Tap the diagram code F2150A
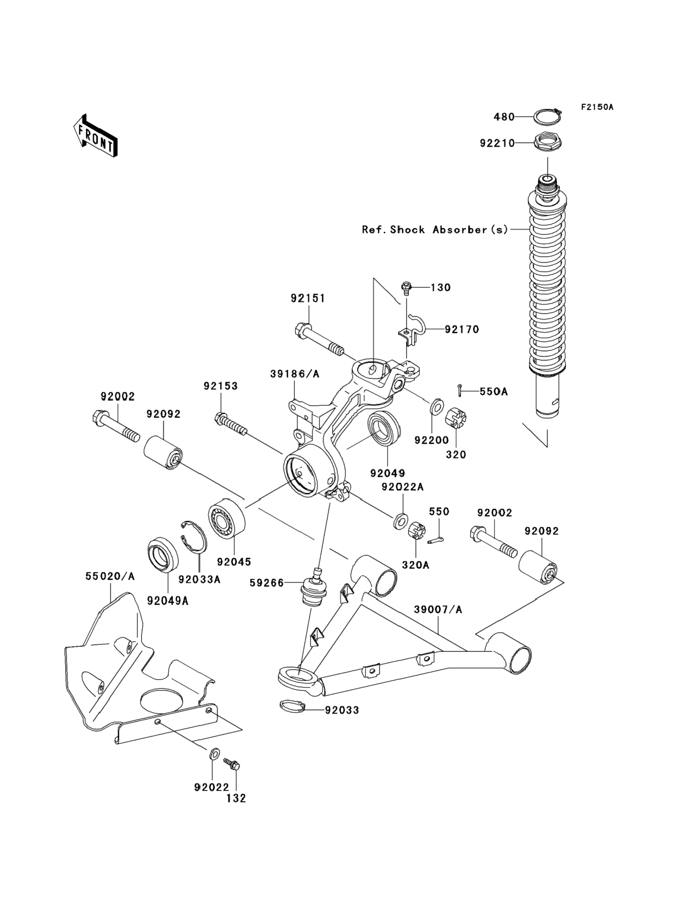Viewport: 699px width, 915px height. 597,107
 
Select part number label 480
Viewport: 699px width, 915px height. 504,117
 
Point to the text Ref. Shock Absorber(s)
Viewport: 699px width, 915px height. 435,230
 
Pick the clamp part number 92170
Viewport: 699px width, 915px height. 462,329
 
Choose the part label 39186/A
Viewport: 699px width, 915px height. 294,374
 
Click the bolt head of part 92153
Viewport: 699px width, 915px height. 221,418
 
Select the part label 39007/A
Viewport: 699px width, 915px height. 438,610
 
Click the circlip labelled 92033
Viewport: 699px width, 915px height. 292,706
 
